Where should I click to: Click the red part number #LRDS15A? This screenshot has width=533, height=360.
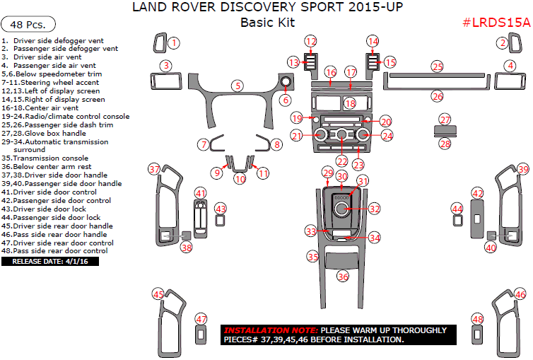tap(496, 22)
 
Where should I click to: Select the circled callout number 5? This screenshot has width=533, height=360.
tap(238, 86)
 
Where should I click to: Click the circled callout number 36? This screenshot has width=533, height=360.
tap(343, 277)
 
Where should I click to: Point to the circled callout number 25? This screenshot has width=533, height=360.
tap(438, 66)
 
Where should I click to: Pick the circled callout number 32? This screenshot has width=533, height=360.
tap(375, 209)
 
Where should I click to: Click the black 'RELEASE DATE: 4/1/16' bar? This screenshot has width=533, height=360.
tap(49, 262)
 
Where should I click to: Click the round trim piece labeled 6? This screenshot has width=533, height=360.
tap(286, 84)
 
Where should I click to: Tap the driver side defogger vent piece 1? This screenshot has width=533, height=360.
tap(160, 44)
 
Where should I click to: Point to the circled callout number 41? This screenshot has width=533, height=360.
tap(201, 193)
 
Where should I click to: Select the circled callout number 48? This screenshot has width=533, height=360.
tap(477, 319)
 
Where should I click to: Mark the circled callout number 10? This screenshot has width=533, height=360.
tap(240, 180)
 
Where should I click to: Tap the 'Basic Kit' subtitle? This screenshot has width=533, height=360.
tap(266, 22)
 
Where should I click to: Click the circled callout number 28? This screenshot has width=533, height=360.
tap(445, 144)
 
